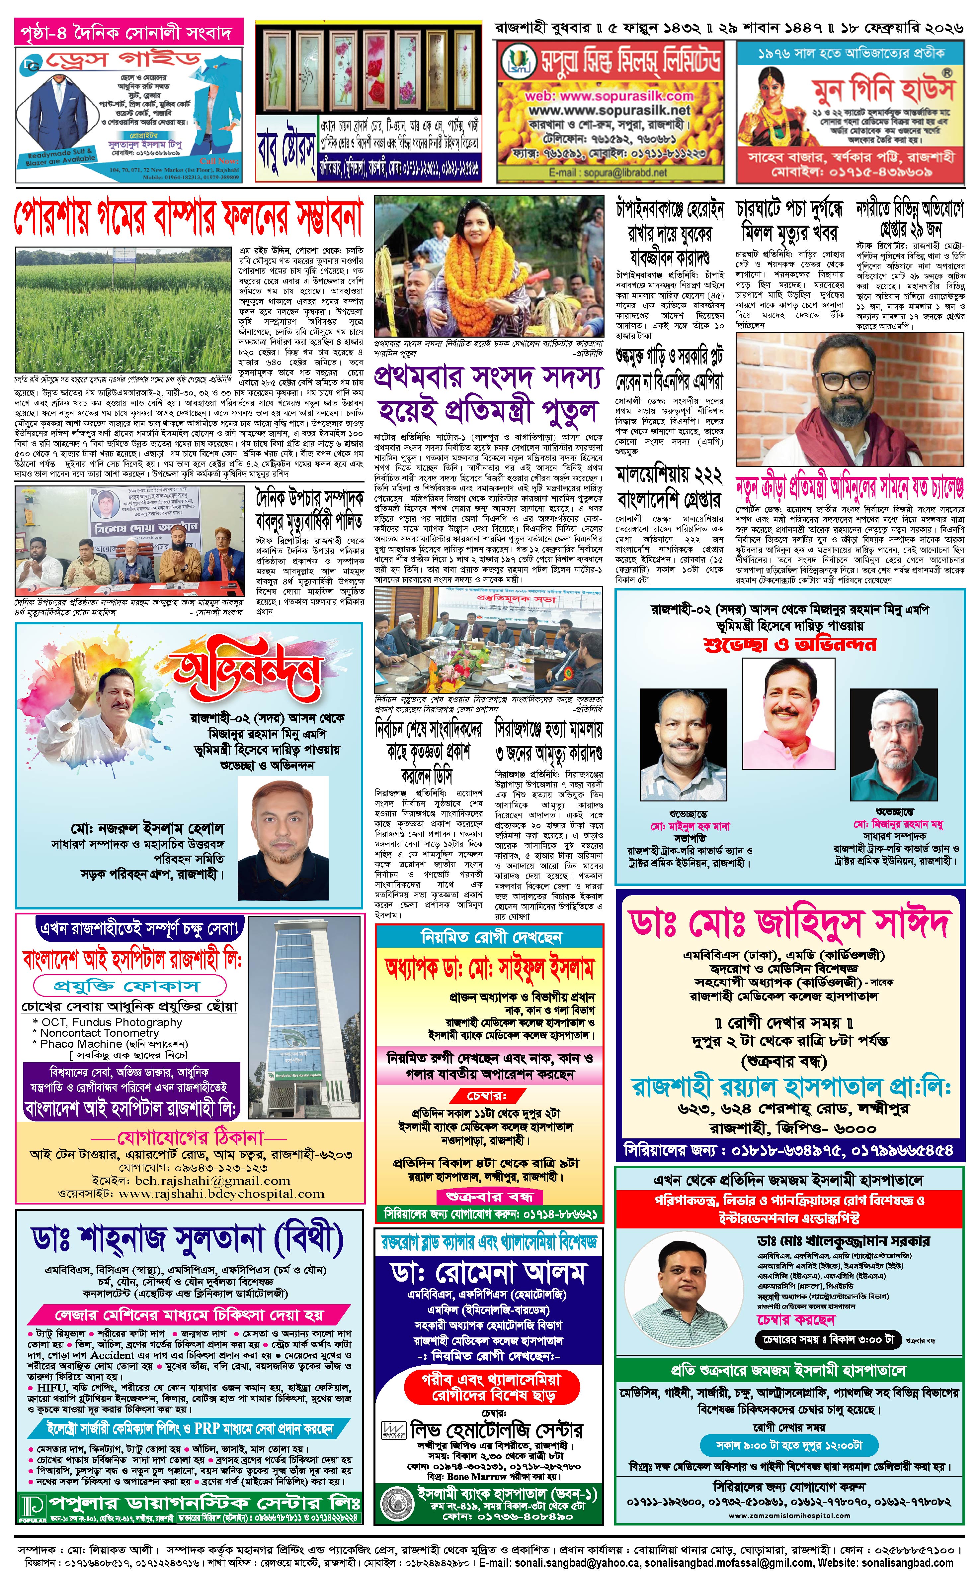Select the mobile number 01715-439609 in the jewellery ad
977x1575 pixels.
(x=851, y=173)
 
